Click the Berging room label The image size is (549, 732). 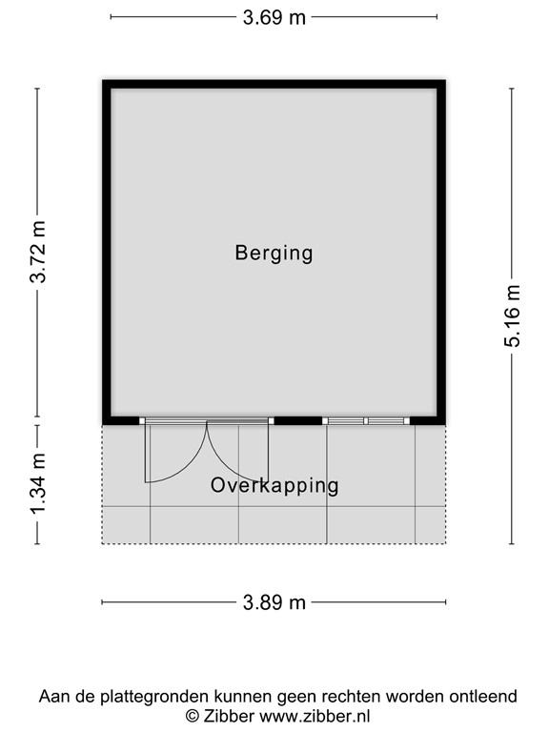click(x=274, y=254)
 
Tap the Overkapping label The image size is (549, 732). click(x=274, y=486)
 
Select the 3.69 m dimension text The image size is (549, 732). click(x=274, y=17)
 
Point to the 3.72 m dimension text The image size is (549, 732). click(x=38, y=253)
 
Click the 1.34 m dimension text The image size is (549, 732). click(x=38, y=484)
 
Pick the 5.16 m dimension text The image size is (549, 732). click(x=513, y=316)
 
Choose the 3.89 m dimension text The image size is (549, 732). click(x=274, y=602)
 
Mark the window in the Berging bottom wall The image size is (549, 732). click(x=366, y=420)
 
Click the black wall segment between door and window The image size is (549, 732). click(x=297, y=420)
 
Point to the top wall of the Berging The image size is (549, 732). click(x=274, y=85)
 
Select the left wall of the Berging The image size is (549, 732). click(x=107, y=253)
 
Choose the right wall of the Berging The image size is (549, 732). click(x=441, y=253)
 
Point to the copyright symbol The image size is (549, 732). click(x=192, y=716)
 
